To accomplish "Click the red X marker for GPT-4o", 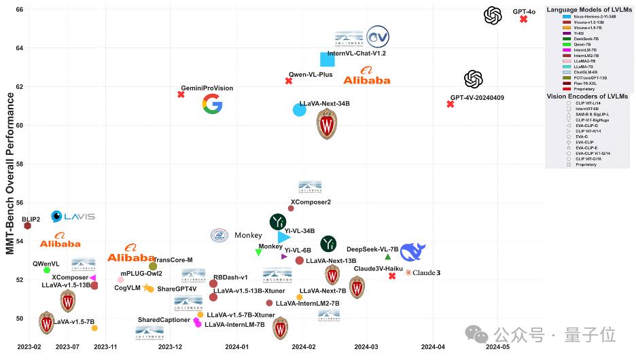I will [523, 19].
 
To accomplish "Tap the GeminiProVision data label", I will [207, 88].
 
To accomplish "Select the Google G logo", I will [212, 104].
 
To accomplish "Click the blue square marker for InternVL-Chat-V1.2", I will [327, 60].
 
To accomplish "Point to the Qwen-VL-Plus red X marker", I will [288, 81].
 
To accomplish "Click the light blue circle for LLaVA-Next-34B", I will [299, 109].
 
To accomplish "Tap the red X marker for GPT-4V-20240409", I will [450, 104].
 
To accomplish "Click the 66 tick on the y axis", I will [19, 10].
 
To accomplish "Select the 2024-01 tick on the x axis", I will [237, 346].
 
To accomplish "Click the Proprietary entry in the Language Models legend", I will [584, 89].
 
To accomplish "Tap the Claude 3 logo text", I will [423, 273].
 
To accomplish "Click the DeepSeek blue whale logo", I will [412, 252].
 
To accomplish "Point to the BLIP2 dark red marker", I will [28, 226].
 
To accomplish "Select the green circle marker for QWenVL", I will [47, 270].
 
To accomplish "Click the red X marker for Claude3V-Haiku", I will [392, 276].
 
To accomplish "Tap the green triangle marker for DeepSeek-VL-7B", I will [388, 257].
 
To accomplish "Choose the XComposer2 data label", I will [311, 202].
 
